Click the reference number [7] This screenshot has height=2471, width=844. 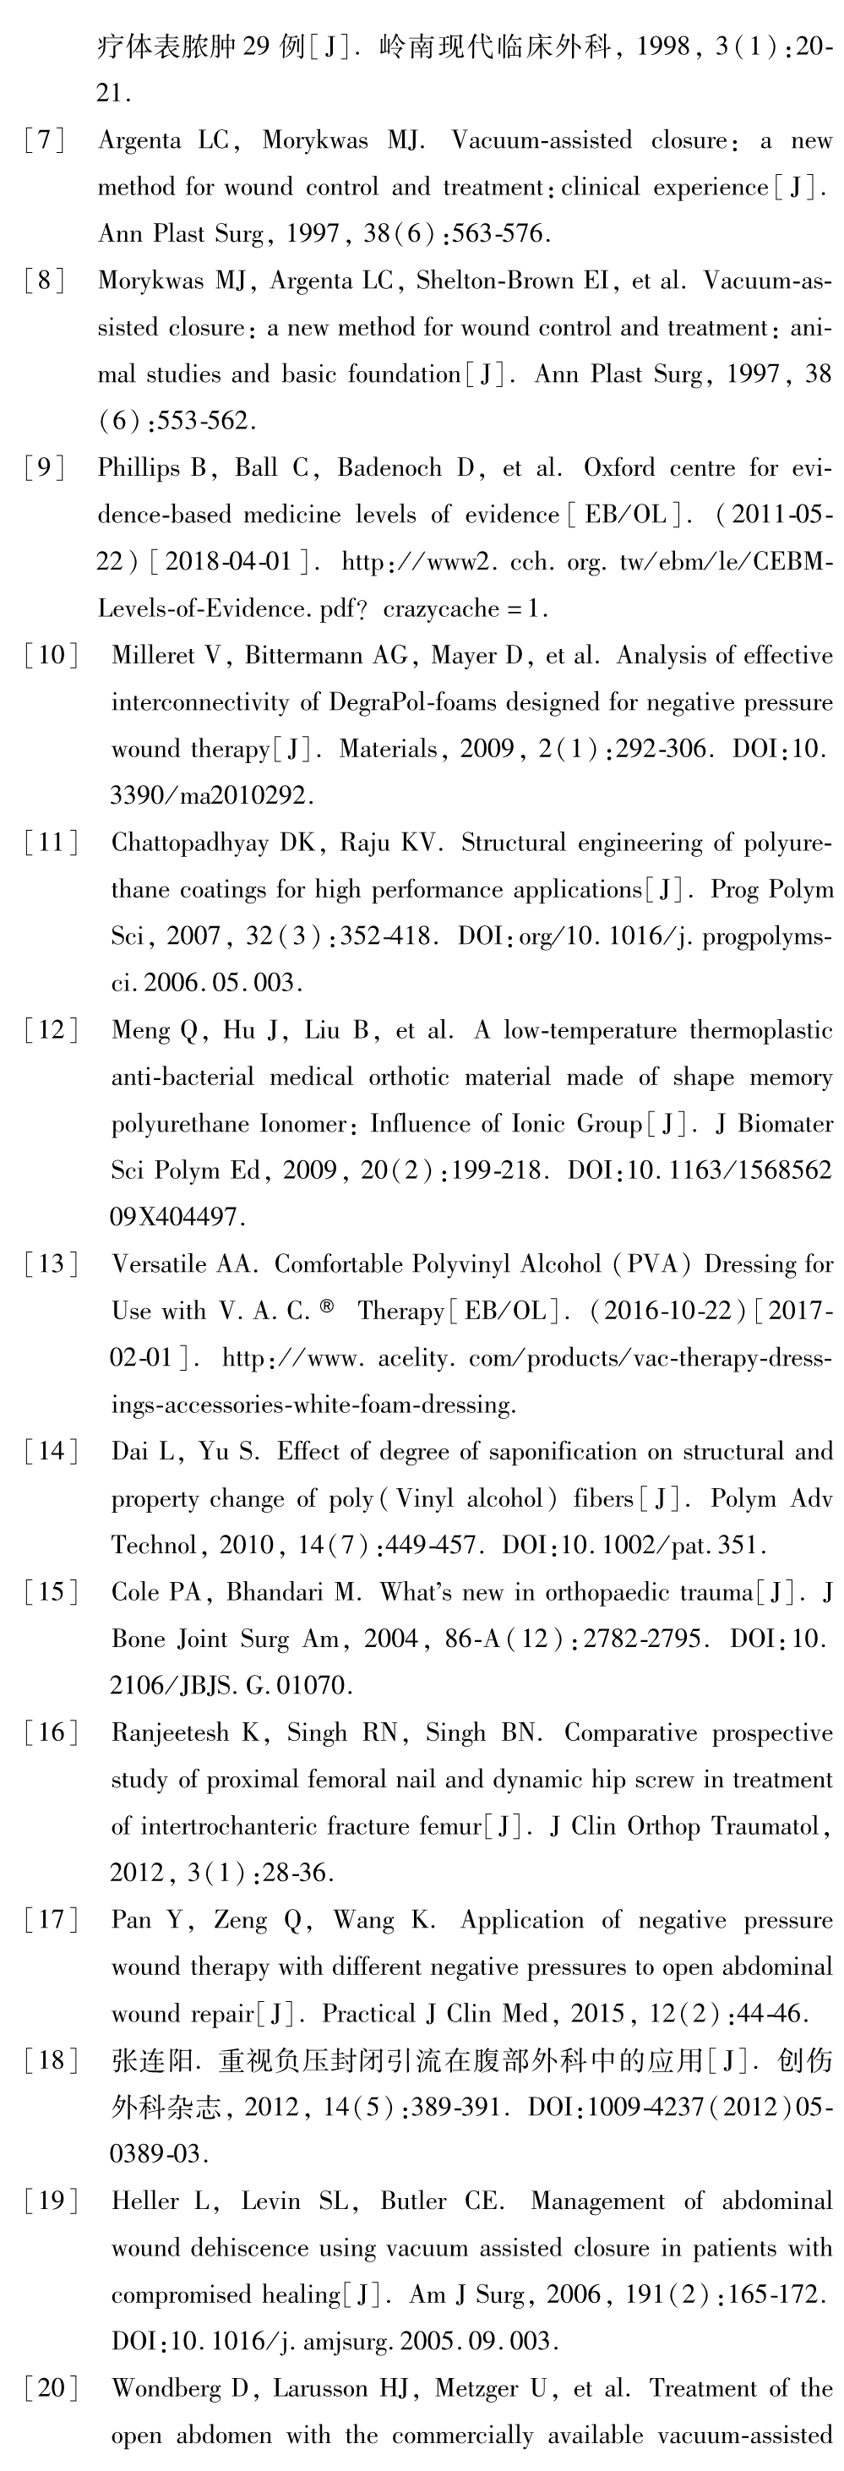click(45, 141)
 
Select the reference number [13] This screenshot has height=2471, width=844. click(52, 1265)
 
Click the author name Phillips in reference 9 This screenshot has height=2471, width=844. click(137, 469)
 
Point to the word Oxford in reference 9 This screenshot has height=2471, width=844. click(623, 468)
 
